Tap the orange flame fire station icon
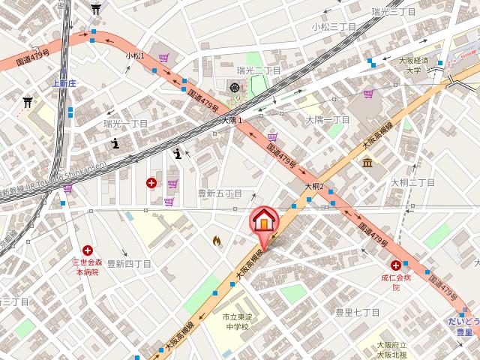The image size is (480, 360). click(217, 241)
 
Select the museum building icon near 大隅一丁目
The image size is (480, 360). click(367, 163)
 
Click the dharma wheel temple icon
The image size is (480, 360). click(235, 88)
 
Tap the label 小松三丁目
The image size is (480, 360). click(334, 26)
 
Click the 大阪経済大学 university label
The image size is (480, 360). click(413, 64)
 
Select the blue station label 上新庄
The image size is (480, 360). click(64, 84)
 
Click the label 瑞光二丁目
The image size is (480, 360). click(259, 70)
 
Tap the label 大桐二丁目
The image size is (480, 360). click(412, 182)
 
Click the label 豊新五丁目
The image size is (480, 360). click(220, 193)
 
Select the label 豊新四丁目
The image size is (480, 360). click(129, 264)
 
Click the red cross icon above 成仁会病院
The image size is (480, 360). click(395, 264)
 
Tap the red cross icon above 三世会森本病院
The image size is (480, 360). click(88, 250)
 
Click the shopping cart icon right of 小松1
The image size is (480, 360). click(163, 57)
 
